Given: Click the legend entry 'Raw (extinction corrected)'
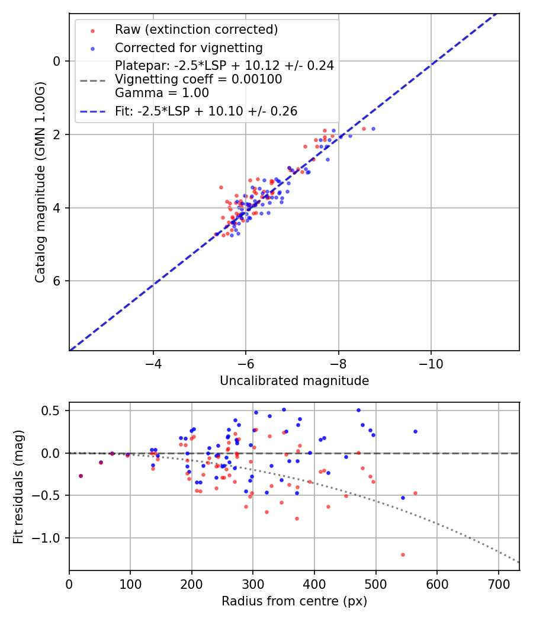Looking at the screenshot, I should point(196,30).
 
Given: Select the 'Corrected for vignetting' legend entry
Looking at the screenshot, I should point(188,47).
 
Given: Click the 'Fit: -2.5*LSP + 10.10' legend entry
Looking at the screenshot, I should point(206,111).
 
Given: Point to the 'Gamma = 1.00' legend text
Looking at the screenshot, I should point(162,92).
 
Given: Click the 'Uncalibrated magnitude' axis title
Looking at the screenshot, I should point(294,381).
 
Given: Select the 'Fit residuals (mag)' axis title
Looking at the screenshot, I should point(18,486).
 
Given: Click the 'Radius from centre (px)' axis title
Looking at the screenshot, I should point(294,601).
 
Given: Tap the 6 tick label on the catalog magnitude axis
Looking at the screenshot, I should point(56,281).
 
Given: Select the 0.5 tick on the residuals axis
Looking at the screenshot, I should point(55,411).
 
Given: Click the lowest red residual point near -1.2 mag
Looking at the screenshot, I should point(403,554).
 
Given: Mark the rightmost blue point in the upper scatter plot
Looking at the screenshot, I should point(373,129).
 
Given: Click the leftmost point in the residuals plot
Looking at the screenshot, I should point(81,476).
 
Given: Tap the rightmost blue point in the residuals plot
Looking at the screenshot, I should point(415,431).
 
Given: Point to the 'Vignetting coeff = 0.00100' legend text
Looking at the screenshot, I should point(198,79).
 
